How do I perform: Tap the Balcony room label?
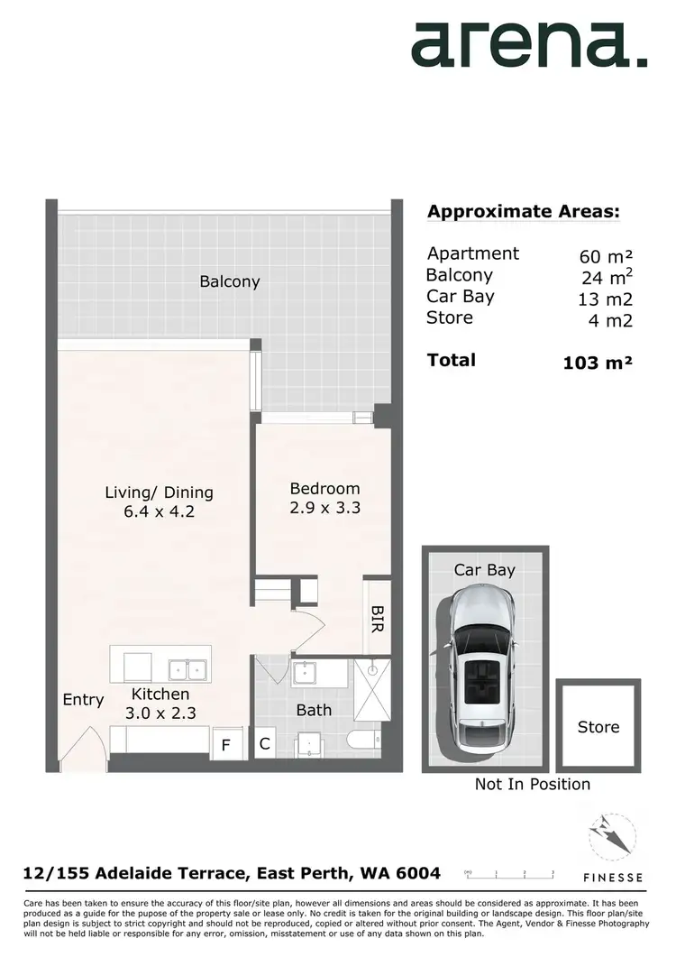pos(230,281)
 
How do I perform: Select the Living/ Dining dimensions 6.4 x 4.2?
pos(160,512)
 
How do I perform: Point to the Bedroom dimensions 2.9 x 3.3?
pos(324,508)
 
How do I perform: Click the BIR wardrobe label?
pos(377,618)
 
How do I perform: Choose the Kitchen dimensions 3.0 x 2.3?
pos(160,713)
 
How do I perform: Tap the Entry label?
pos(83,700)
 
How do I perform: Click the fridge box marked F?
pos(227,745)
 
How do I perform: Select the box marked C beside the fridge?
pos(264,745)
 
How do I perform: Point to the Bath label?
pos(314,711)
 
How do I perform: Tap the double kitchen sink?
pos(189,669)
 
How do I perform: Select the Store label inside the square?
pos(598,727)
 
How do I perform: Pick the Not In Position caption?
pos(533,785)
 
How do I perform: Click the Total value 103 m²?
pos(596,363)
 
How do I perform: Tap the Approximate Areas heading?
pos(523,212)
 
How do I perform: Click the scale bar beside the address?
pos(509,874)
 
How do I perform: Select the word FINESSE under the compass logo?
pos(612,877)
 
